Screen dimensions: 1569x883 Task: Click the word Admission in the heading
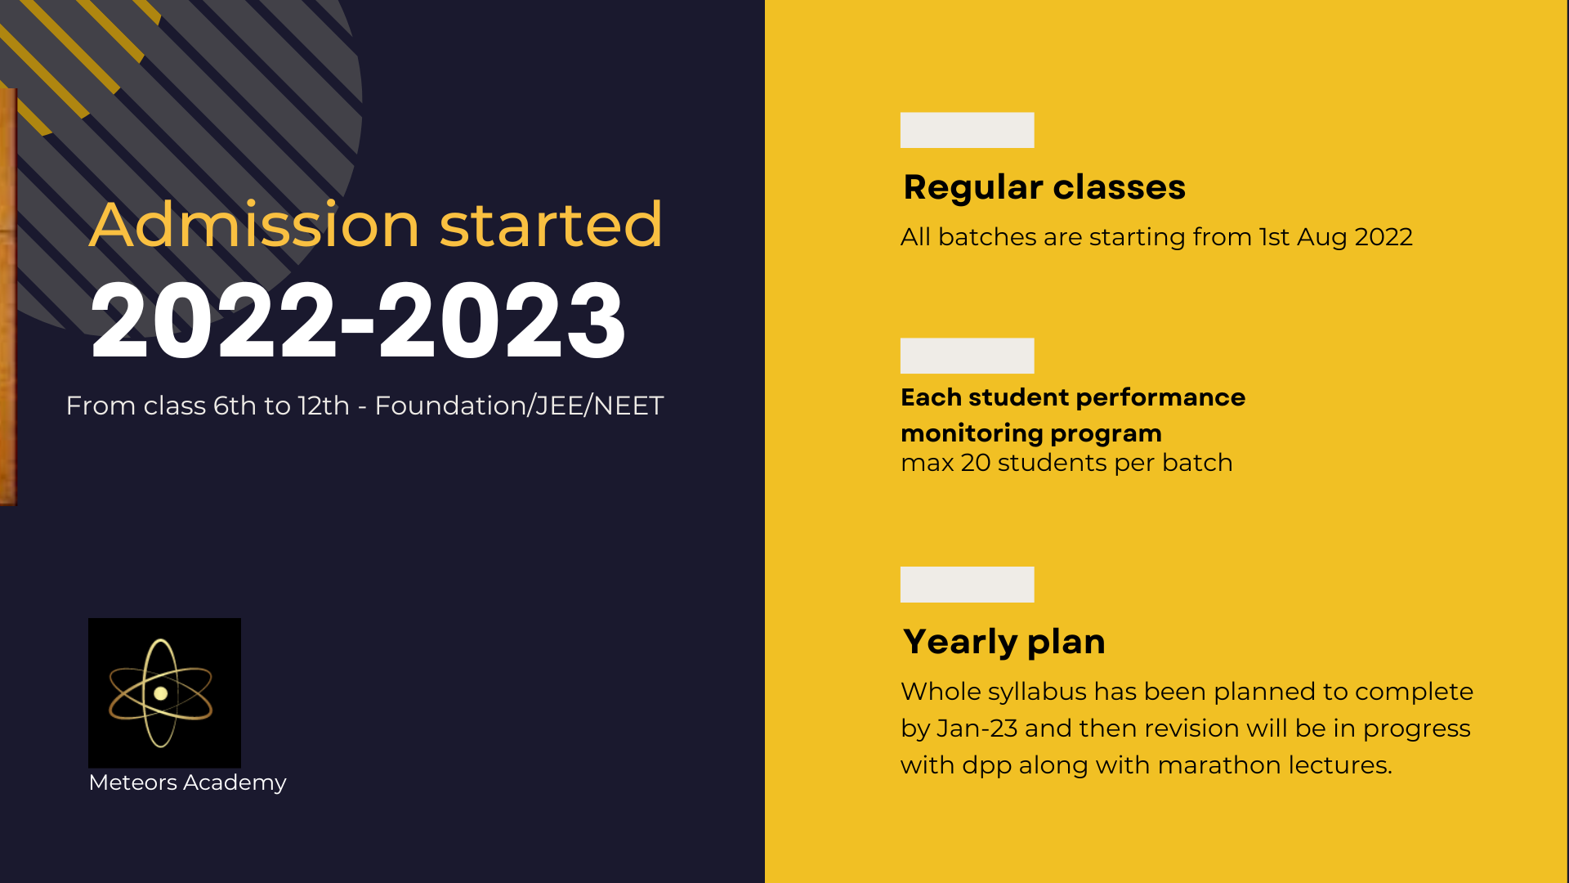(x=254, y=224)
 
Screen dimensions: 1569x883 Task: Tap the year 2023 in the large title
(x=502, y=320)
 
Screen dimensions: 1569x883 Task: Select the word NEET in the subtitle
(x=628, y=406)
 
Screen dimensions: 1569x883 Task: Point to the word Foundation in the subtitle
(x=451, y=406)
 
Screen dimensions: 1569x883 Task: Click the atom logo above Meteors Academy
(x=164, y=693)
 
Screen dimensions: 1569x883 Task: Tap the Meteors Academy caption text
(x=187, y=782)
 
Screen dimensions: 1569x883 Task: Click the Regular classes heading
(x=1044, y=187)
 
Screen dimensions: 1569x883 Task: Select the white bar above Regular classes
(x=968, y=130)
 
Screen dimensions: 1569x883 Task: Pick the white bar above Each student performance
(x=968, y=356)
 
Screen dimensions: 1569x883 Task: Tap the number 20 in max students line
(x=976, y=463)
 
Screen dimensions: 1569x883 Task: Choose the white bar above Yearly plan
(x=968, y=585)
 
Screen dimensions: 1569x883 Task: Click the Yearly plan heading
(x=1004, y=642)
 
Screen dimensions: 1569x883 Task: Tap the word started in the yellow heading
(x=551, y=224)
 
